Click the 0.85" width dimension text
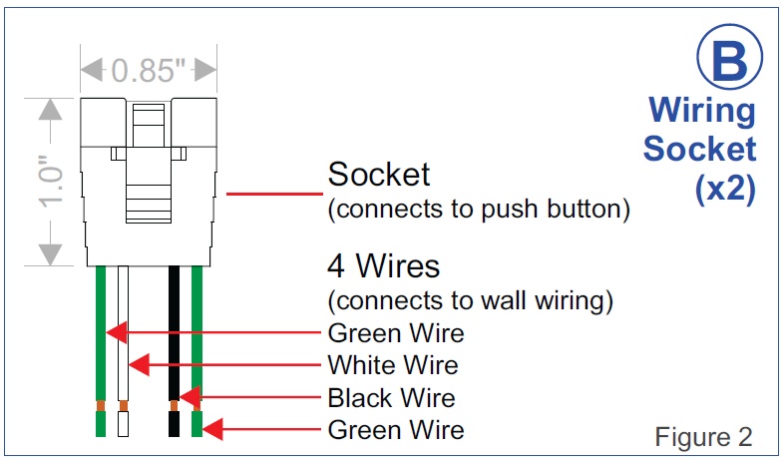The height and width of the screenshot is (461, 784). click(149, 71)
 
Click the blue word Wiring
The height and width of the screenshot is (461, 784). click(701, 110)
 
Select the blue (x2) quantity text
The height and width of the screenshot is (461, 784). click(725, 190)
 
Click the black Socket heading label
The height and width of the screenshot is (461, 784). click(379, 175)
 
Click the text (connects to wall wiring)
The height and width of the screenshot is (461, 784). click(470, 300)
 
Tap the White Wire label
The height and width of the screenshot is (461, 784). click(393, 364)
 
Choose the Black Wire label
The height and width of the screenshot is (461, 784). click(391, 398)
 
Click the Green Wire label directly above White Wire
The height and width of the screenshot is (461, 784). click(396, 332)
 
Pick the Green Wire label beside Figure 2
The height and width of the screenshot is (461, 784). click(396, 430)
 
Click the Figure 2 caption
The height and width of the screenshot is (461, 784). click(703, 436)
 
